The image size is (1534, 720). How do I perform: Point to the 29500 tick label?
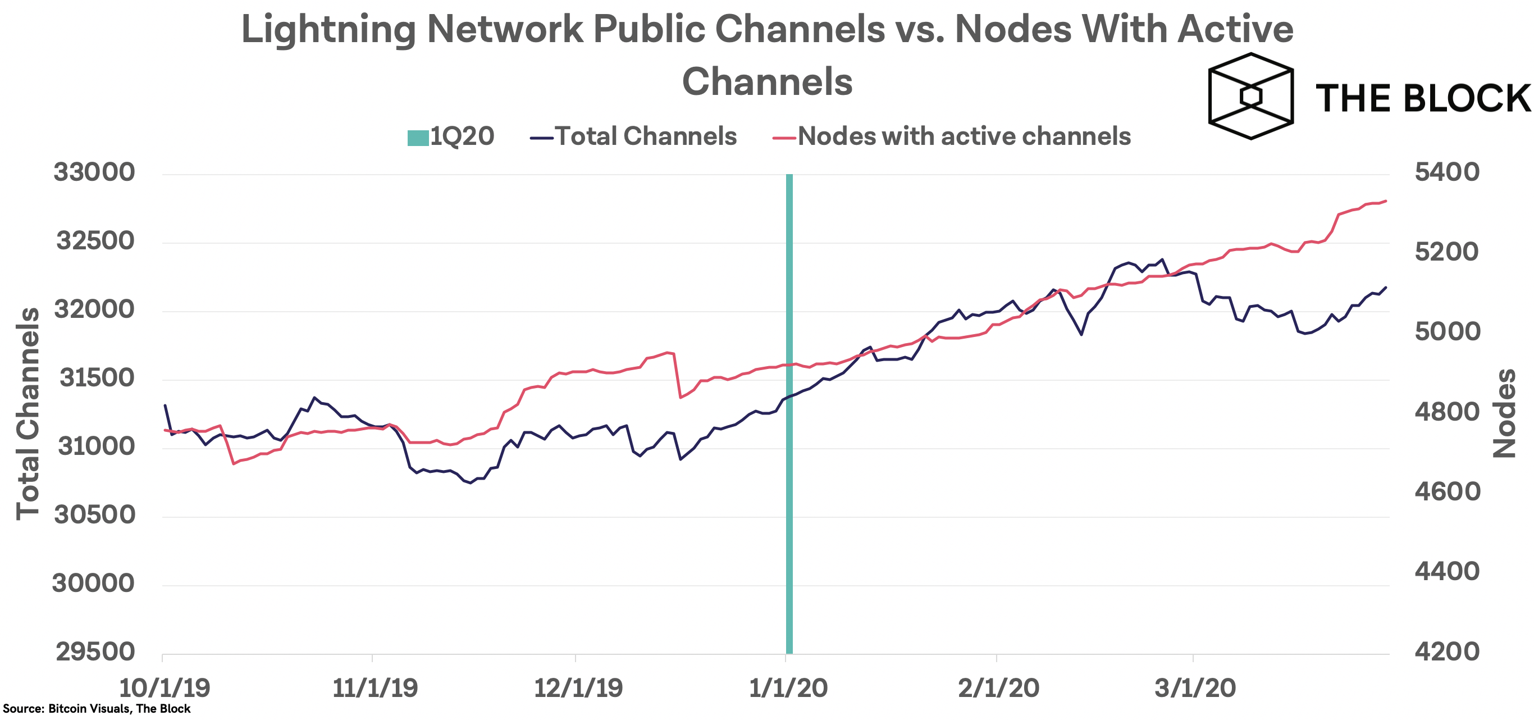point(95,651)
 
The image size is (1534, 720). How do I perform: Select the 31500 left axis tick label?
point(97,377)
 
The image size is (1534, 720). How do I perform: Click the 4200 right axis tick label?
point(1446,651)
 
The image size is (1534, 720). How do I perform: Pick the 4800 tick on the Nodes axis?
point(1446,412)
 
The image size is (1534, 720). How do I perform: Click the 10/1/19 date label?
point(165,688)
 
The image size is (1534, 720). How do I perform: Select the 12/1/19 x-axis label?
point(578,688)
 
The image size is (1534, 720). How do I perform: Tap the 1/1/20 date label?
point(787,688)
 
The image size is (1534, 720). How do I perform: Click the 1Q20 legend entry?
point(451,136)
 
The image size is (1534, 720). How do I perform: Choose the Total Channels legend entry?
point(633,136)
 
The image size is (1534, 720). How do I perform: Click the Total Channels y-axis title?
point(28,413)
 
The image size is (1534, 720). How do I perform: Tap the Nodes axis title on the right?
point(1504,413)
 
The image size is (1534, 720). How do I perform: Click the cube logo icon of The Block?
point(1250,96)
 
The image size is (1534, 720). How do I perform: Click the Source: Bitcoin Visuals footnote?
point(97,709)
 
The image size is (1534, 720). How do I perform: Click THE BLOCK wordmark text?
point(1422,98)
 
